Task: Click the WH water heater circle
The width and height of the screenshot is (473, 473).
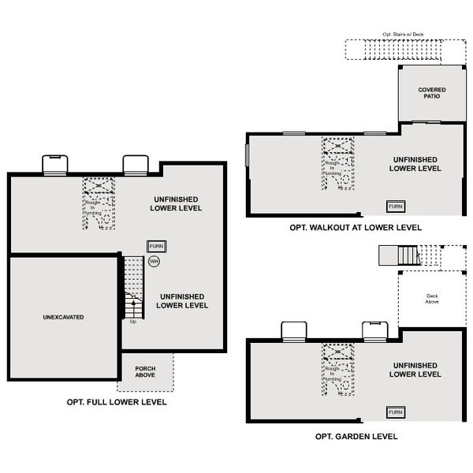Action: (155, 261)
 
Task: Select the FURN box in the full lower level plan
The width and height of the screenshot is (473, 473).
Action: (156, 247)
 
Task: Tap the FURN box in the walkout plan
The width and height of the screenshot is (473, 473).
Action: (395, 207)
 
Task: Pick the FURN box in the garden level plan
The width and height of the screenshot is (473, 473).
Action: (395, 412)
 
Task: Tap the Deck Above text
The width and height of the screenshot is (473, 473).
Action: (433, 299)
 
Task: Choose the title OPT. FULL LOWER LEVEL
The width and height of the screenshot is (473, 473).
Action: (117, 402)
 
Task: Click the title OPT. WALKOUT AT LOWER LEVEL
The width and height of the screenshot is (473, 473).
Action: (355, 228)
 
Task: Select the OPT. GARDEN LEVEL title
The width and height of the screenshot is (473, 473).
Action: (356, 436)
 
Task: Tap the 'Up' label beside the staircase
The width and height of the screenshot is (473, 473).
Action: (132, 321)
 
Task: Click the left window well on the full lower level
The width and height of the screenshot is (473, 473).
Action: (54, 164)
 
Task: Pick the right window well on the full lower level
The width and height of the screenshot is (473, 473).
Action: (135, 164)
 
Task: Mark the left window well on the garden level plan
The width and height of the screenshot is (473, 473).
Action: (293, 331)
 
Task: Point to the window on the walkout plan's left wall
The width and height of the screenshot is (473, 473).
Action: (247, 155)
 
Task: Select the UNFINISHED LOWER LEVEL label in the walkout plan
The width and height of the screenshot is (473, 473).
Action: (415, 163)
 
